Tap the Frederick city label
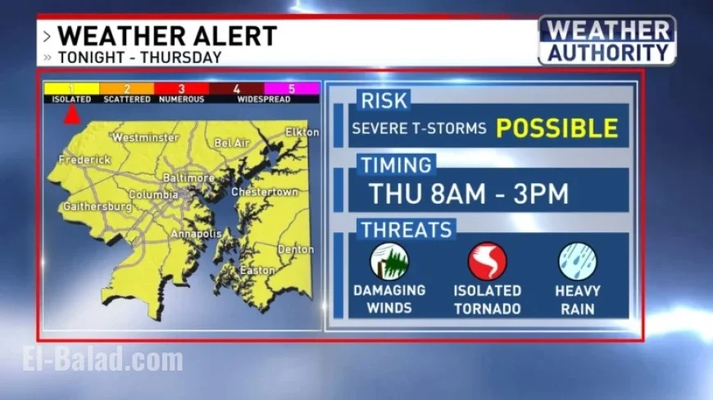[85, 160]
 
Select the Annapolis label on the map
[196, 234]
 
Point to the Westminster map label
[146, 137]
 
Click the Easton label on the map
[257, 271]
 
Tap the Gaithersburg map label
[97, 207]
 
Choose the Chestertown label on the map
[264, 191]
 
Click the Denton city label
[295, 249]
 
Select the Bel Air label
[231, 143]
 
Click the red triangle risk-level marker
[72, 115]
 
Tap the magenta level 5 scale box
[291, 88]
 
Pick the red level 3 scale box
[181, 88]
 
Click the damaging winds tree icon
[389, 262]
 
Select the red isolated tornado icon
[487, 262]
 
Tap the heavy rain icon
[577, 262]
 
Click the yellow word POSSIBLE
[556, 128]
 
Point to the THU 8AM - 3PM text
[469, 194]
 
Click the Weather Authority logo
[606, 41]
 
